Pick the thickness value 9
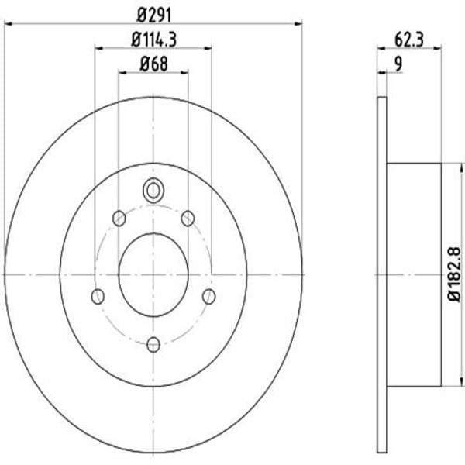tap(398, 64)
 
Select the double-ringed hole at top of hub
tap(153, 190)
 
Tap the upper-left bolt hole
tap(119, 219)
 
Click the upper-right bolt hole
tap(187, 219)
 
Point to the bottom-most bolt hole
tap(153, 344)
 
